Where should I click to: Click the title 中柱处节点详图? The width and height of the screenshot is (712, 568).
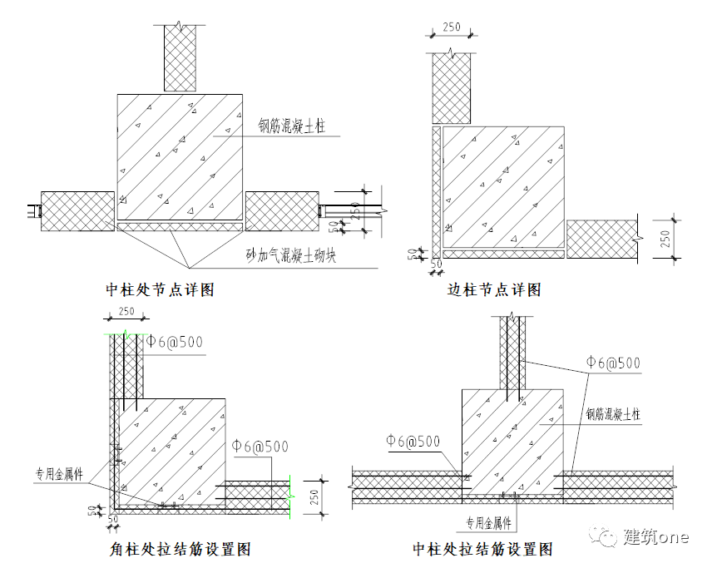pyautogui.click(x=160, y=289)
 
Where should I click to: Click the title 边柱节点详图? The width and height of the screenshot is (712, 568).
pyautogui.click(x=494, y=289)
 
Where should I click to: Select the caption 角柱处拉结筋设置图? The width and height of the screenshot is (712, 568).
pyautogui.click(x=180, y=549)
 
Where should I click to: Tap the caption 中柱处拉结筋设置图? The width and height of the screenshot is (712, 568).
pyautogui.click(x=483, y=549)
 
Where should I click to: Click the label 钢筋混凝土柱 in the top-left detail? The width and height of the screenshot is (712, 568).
pyautogui.click(x=291, y=126)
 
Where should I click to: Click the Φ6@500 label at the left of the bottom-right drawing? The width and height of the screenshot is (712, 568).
pyautogui.click(x=413, y=442)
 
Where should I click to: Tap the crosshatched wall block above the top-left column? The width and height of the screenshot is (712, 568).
pyautogui.click(x=180, y=57)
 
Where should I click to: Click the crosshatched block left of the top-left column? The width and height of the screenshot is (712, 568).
pyautogui.click(x=77, y=211)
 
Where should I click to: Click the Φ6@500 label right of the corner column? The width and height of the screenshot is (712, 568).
pyautogui.click(x=260, y=447)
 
